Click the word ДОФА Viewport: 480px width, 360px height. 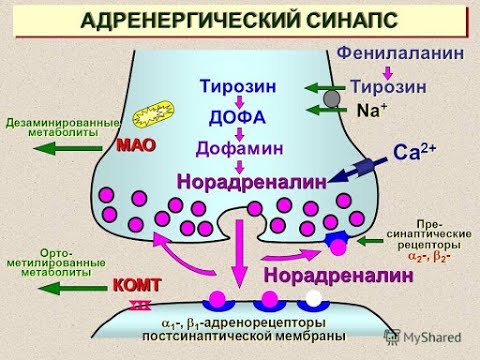tap(238, 117)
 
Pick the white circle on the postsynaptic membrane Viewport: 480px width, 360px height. tap(316, 299)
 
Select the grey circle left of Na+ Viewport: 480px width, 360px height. tap(329, 100)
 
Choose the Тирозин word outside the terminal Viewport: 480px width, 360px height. tap(388, 87)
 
